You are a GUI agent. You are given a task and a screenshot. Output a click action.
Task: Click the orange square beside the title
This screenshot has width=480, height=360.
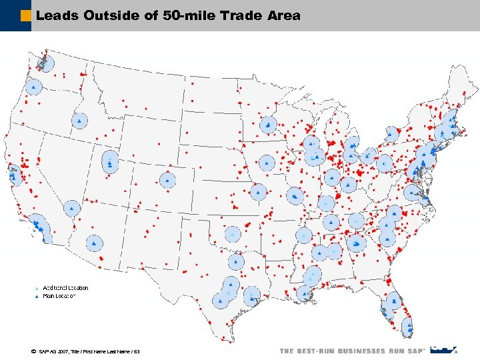pos(26,15)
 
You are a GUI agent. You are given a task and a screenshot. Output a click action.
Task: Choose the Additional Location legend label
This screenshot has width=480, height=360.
pos(66,288)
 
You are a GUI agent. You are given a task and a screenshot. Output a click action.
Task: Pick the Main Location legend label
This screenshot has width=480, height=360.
pos(59,295)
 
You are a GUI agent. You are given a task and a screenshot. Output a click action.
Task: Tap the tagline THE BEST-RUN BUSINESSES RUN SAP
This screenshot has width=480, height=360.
pos(352,351)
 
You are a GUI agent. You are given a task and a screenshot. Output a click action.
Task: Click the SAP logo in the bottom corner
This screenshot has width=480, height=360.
pos(443,349)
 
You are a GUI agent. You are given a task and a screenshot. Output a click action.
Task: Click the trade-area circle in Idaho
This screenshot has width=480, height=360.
pos(79,121)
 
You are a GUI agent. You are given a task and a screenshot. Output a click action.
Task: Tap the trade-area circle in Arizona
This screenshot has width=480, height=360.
pos(94,243)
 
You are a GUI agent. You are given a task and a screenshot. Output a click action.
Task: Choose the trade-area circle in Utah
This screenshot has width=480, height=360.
pos(109,161)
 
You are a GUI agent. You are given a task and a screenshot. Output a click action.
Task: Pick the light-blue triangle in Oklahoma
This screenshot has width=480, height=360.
pos(232,235)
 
